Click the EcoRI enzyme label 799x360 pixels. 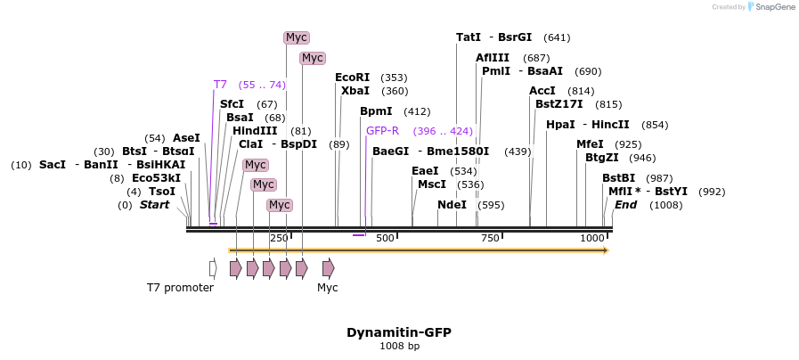click(x=352, y=78)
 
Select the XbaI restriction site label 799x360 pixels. click(x=355, y=91)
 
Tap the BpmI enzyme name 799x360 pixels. click(x=376, y=111)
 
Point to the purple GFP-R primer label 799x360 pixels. click(x=382, y=131)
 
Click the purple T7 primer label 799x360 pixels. click(x=220, y=85)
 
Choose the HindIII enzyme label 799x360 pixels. click(x=255, y=131)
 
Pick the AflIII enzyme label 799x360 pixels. click(x=493, y=58)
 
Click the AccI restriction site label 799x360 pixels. click(x=542, y=91)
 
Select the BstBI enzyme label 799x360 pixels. click(x=618, y=178)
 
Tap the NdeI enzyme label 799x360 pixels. click(x=452, y=205)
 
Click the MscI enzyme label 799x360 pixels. click(x=432, y=184)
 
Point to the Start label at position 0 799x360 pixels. click(x=154, y=205)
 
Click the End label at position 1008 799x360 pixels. click(x=625, y=205)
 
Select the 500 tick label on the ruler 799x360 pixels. click(x=385, y=238)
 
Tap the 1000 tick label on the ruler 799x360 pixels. click(x=591, y=238)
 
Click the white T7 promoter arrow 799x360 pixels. click(x=213, y=268)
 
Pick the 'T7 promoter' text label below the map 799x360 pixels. click(x=180, y=288)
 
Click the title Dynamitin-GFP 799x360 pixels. click(x=399, y=332)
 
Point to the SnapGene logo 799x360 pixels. click(x=771, y=7)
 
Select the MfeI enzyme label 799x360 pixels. click(x=589, y=144)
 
